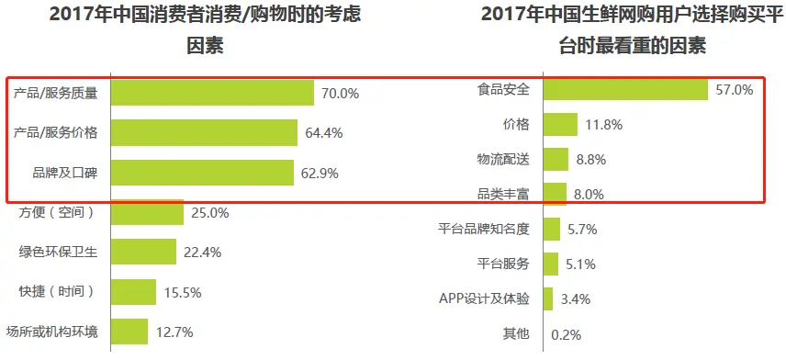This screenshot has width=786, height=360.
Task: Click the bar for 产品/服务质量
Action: point(213,93)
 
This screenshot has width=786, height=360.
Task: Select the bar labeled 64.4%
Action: point(204,133)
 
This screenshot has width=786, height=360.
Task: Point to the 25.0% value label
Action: point(209,213)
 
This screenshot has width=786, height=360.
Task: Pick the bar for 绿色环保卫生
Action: point(143,252)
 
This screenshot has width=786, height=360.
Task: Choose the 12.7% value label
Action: point(174,332)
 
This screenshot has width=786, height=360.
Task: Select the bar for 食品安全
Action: point(625,89)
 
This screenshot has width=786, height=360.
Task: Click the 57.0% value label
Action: point(735,90)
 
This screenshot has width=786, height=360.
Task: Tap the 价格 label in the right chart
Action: point(516,125)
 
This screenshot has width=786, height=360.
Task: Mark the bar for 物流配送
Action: point(556,160)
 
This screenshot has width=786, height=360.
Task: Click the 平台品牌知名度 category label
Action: point(484,230)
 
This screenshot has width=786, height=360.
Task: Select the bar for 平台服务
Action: point(551,264)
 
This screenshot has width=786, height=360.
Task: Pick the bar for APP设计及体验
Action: point(548,299)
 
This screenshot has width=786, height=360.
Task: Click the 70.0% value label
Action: point(340,94)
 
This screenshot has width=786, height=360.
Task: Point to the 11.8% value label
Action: point(603,125)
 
